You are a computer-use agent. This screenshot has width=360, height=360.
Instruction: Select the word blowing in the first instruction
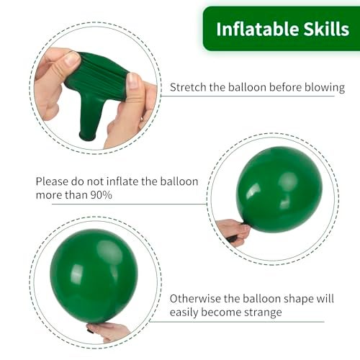(x=324, y=88)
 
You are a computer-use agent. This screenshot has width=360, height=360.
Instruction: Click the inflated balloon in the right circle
(x=279, y=189)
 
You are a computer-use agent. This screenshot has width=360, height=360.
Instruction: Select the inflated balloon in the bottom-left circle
(x=94, y=275)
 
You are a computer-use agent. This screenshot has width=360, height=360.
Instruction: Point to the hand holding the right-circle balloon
(x=233, y=230)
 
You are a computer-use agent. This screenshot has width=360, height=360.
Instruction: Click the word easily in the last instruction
(x=188, y=312)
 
